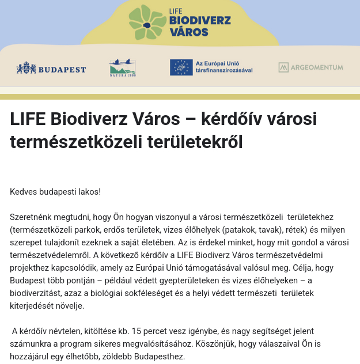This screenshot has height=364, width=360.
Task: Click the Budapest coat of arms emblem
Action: coord(26,69)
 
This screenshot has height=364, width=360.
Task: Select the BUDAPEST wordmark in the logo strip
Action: coord(62,70)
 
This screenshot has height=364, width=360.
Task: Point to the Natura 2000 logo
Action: coord(122,68)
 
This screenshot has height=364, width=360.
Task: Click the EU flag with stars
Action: coord(181,67)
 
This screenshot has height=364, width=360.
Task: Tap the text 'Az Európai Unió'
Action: coord(218,63)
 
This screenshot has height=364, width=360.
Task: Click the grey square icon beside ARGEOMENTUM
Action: coord(283,67)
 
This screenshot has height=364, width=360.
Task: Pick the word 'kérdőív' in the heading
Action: coord(230,119)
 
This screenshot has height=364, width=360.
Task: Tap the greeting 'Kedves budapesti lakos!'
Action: coord(55,191)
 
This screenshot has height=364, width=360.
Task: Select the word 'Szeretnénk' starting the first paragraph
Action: coord(32,217)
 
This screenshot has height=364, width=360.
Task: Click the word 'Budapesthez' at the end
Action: coord(161,357)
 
